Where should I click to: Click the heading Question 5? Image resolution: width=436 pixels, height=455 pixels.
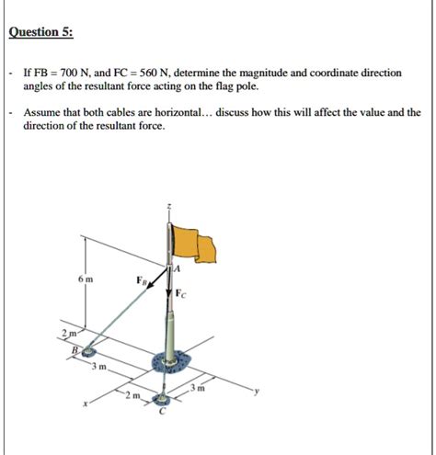click(41, 32)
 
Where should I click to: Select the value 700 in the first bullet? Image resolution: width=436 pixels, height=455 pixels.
click(66, 73)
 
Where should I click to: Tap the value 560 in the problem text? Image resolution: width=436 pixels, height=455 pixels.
click(146, 73)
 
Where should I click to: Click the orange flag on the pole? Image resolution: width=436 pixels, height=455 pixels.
click(194, 245)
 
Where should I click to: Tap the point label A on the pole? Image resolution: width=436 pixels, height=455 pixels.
click(177, 268)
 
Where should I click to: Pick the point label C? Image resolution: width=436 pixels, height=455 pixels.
click(163, 412)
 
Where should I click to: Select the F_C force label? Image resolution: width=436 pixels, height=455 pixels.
click(180, 294)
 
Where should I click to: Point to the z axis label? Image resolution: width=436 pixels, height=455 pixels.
click(168, 207)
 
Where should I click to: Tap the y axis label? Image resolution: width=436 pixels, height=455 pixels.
click(257, 391)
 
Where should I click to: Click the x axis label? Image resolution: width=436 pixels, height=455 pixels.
click(86, 404)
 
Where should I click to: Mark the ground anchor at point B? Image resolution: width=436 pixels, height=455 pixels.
click(88, 352)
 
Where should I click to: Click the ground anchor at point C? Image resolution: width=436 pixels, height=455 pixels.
click(162, 399)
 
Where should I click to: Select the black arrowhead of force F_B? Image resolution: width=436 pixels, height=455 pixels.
click(150, 285)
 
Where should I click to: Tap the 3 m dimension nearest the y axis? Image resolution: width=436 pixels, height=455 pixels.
click(197, 388)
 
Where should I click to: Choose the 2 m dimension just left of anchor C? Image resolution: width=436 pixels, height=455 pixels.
click(132, 395)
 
